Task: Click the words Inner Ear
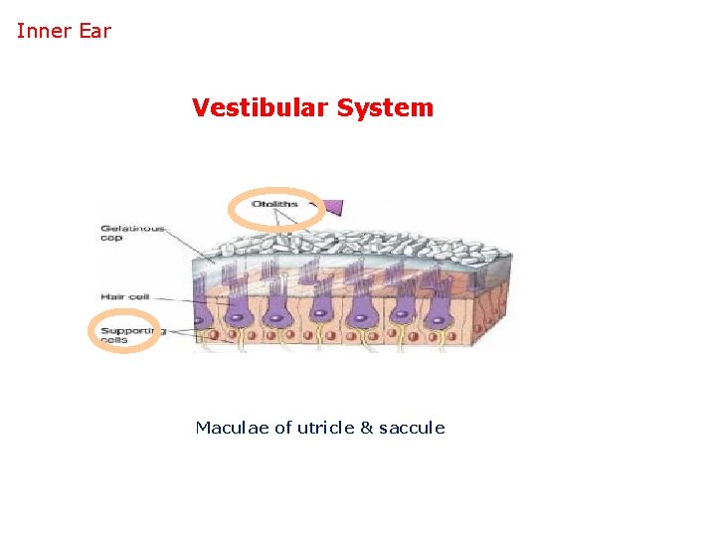pos(64,31)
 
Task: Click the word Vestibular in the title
pos(260,107)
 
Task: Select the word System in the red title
pos(385,107)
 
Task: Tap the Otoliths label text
pos(274,205)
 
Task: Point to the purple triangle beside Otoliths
pos(333,207)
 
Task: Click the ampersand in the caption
pos(366,428)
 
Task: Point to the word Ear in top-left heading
pos(94,31)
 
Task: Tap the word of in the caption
pos(283,428)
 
